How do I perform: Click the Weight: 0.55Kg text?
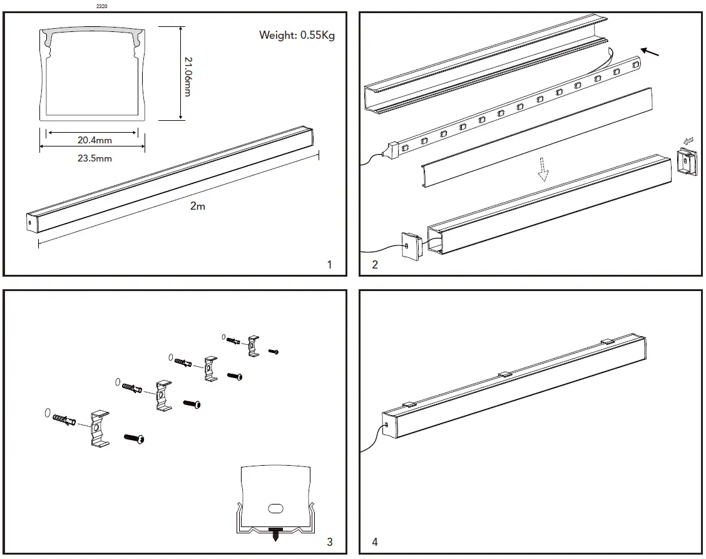click(297, 35)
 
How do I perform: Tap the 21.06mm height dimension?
click(187, 74)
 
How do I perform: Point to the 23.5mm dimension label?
click(95, 158)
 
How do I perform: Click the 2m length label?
click(198, 206)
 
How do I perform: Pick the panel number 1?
click(330, 265)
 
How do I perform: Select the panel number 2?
click(375, 265)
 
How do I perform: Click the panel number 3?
click(330, 541)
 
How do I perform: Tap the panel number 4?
click(375, 541)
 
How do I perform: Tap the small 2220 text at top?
click(101, 6)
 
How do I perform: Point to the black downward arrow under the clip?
click(275, 536)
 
